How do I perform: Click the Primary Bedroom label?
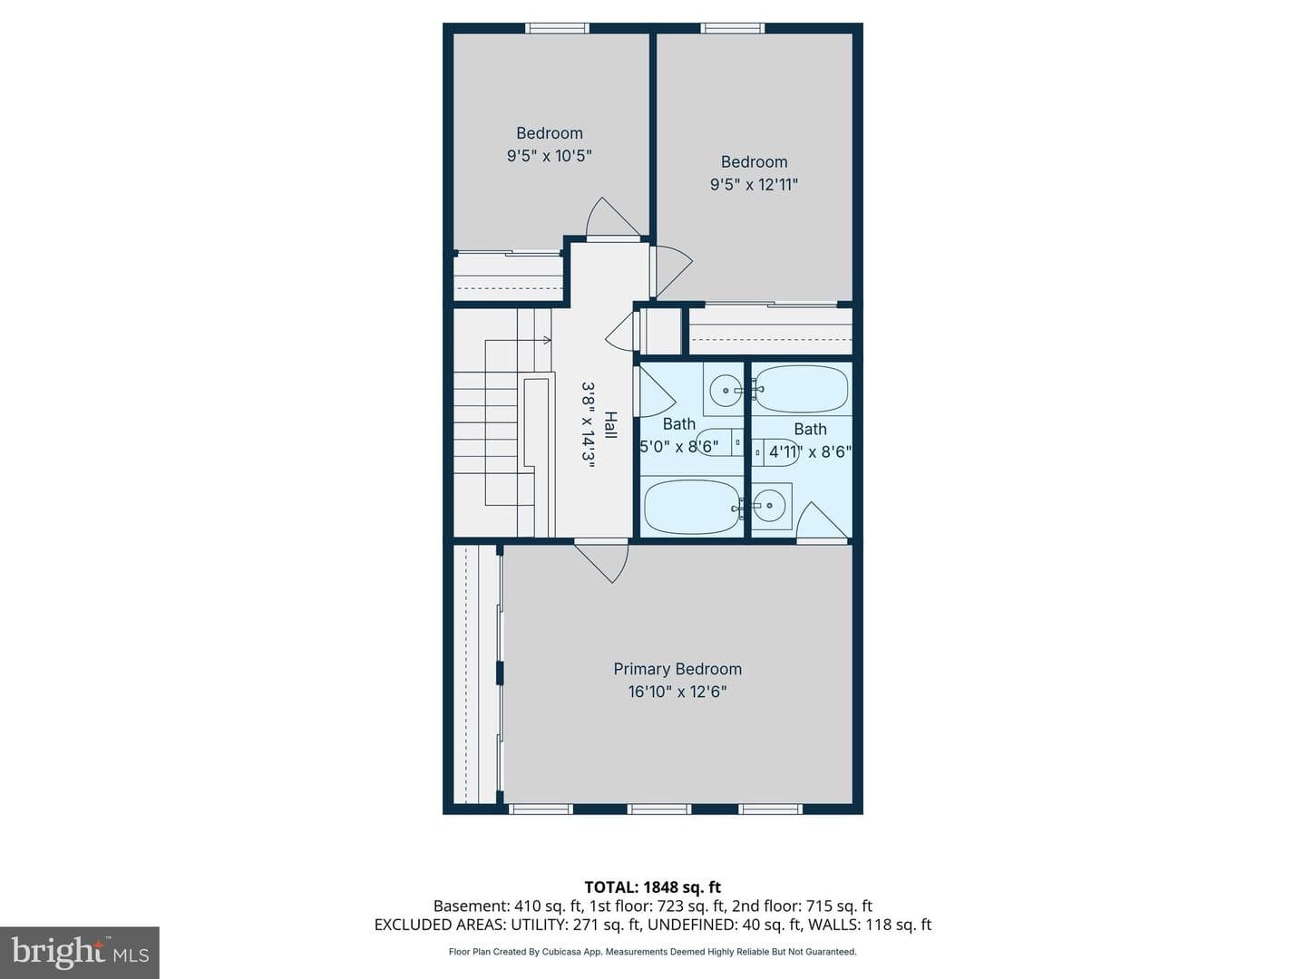[x=677, y=669]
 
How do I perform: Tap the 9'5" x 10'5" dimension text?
[x=550, y=156]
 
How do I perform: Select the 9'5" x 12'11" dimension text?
[x=754, y=184]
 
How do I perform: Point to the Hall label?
[x=610, y=425]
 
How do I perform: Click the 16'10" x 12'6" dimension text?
[x=677, y=692]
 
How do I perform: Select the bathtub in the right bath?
[x=801, y=389]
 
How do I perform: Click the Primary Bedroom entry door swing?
[x=602, y=561]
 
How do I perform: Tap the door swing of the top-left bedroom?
[x=613, y=218]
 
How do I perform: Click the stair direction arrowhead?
[x=547, y=340]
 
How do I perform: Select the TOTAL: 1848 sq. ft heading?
[x=653, y=887]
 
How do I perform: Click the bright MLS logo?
[x=80, y=953]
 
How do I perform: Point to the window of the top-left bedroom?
[x=557, y=28]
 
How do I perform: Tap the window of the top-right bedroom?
[x=733, y=28]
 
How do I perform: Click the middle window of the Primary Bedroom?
[x=659, y=809]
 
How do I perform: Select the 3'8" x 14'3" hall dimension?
[x=588, y=425]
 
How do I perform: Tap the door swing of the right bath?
[x=822, y=522]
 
